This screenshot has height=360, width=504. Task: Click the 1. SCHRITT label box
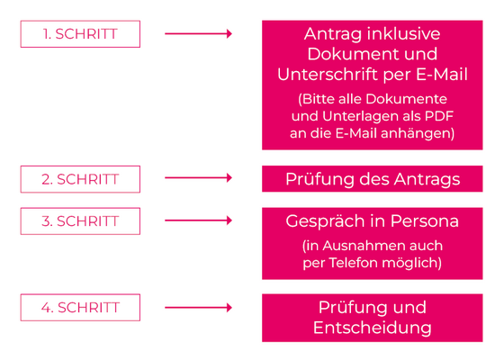tap(80, 34)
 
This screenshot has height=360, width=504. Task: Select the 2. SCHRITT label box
tap(80, 179)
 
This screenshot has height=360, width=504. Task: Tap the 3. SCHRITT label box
tap(80, 220)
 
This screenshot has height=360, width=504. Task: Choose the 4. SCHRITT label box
tap(80, 307)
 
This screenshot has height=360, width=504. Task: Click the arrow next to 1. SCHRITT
tap(198, 33)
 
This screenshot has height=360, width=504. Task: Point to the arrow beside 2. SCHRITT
tap(198, 177)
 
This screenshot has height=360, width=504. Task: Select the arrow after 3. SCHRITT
tap(198, 220)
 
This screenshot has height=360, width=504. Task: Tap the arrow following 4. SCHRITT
tap(198, 307)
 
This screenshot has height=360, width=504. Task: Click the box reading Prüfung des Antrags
tap(373, 179)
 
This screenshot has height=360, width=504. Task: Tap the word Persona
tap(424, 220)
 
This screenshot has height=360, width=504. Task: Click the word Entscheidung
tap(373, 328)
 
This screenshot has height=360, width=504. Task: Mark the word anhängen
tap(418, 133)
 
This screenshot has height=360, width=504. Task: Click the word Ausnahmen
tap(358, 246)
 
